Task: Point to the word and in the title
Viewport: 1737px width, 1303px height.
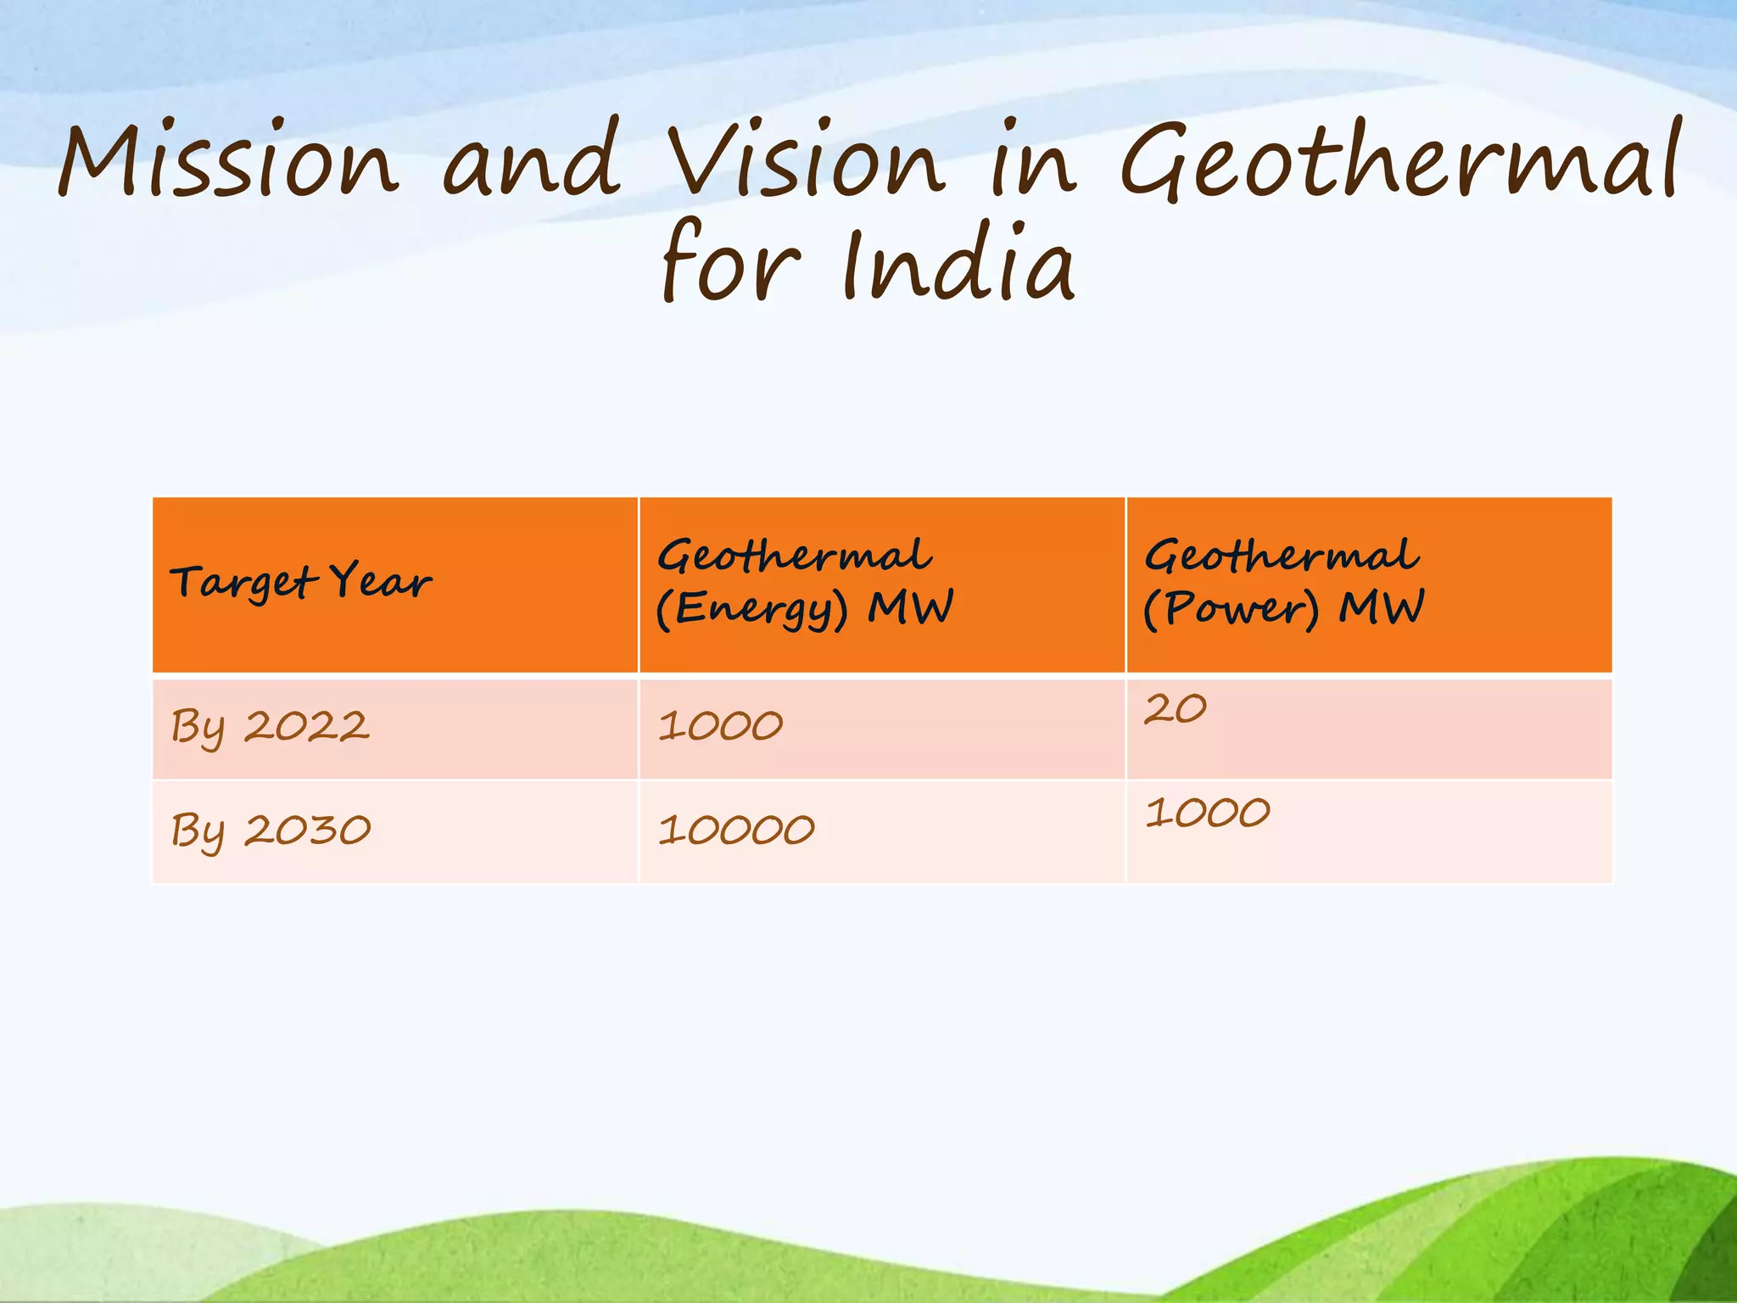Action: point(531,159)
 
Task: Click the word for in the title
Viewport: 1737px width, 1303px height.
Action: point(731,263)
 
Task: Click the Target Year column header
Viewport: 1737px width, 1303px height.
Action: point(301,584)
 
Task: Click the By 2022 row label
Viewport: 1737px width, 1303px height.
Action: point(270,728)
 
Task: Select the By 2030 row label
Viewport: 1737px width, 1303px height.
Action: point(271,831)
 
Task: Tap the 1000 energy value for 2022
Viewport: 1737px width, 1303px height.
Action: point(720,727)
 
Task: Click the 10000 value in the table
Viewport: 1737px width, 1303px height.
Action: point(736,830)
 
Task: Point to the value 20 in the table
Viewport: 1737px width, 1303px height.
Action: point(1175,709)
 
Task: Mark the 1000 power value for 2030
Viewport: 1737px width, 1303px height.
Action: point(1207,814)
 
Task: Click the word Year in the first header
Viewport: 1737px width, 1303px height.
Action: point(381,582)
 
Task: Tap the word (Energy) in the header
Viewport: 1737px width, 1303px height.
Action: point(752,610)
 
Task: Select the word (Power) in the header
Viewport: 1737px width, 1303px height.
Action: point(1232,610)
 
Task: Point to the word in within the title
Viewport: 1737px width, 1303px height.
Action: point(1033,159)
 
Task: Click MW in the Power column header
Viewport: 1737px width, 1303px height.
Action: point(1382,608)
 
